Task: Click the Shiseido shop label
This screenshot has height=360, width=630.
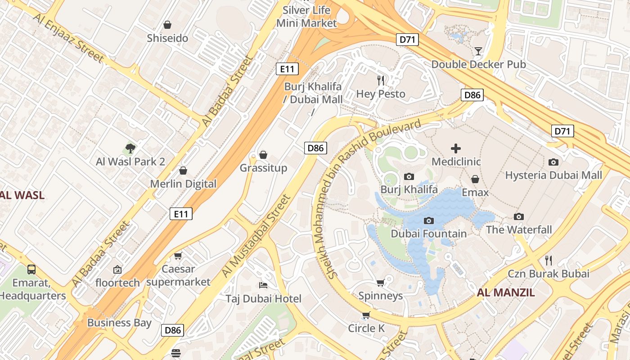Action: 167,38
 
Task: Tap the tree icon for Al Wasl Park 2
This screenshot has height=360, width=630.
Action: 130,148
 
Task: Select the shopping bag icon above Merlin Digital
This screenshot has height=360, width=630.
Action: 183,171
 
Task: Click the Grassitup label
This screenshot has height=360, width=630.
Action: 263,168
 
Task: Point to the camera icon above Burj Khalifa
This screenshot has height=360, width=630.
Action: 409,176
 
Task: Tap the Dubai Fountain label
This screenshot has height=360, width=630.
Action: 428,234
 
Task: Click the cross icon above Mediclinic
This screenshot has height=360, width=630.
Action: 456,148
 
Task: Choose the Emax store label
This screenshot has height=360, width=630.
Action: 475,193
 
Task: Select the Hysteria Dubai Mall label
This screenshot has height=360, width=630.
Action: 553,175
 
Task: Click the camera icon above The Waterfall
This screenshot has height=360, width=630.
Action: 519,216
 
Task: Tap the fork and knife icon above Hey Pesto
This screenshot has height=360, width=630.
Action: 381,81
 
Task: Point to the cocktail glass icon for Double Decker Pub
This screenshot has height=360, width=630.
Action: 478,51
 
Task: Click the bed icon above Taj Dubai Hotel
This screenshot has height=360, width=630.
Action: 263,285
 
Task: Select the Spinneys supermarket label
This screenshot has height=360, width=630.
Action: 380,296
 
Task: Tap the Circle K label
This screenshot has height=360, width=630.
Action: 366,328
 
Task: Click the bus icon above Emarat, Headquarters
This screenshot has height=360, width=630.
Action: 31,270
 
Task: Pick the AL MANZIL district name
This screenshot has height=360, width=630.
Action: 506,292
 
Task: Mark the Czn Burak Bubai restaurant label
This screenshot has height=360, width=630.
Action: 549,274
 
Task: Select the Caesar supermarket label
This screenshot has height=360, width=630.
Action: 178,275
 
